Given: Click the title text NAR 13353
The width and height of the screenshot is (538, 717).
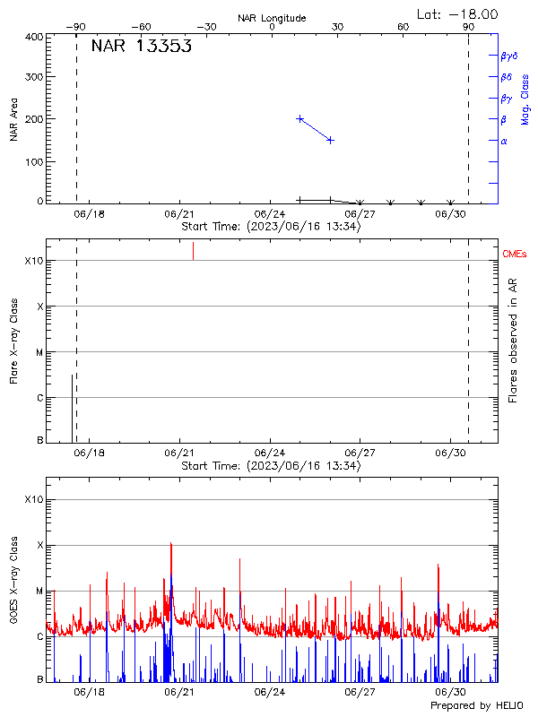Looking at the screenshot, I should point(142,48).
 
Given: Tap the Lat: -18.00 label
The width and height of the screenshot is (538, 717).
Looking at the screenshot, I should point(458,14).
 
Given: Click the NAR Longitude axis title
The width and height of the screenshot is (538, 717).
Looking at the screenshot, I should point(272,18).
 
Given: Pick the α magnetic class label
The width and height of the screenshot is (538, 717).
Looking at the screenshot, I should point(504,142).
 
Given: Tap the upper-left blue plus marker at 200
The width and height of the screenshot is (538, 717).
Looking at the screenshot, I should point(299,118).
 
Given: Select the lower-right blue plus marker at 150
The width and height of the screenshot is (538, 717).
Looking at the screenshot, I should point(330,140).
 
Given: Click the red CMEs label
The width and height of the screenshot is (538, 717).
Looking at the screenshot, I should point(515,255).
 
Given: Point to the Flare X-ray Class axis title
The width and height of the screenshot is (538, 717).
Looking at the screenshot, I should point(14,341).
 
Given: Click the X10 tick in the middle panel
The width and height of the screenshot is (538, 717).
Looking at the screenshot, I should point(35,261).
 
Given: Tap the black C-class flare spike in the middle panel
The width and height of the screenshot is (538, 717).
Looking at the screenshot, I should point(72,408).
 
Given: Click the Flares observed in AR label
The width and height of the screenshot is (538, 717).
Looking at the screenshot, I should point(513,341).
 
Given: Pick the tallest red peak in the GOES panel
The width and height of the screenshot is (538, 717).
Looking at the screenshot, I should point(170,543).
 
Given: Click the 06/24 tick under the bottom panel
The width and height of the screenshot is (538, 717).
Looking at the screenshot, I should point(270,692).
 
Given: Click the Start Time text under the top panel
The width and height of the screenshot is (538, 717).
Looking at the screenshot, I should point(271,227).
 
